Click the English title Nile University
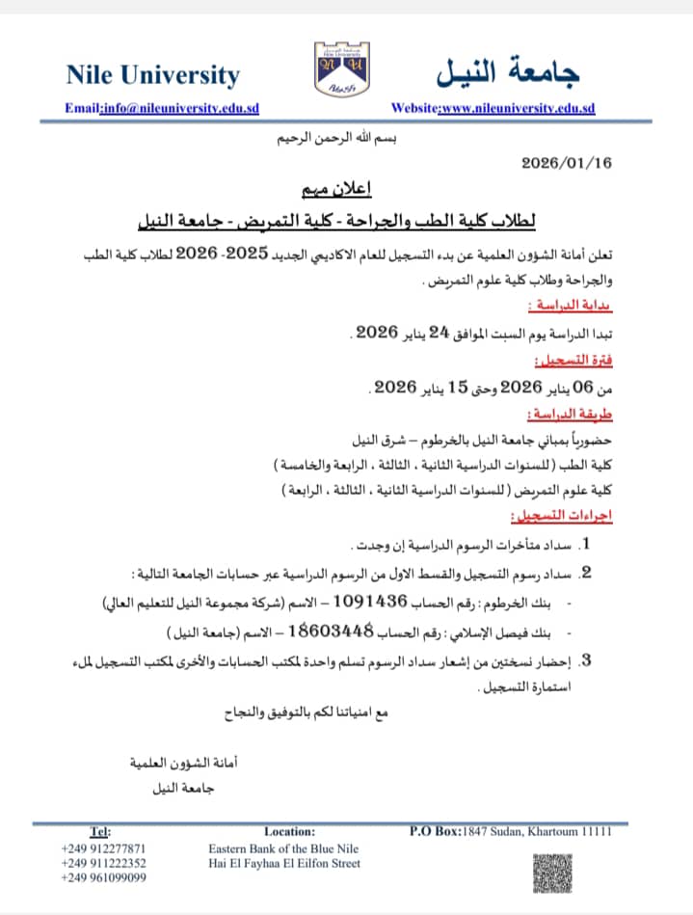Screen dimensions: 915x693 tap(152, 74)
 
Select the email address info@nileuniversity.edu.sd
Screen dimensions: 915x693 tap(179, 108)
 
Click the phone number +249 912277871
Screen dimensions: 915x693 tap(104, 848)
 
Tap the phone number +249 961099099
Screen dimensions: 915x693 tap(104, 877)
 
